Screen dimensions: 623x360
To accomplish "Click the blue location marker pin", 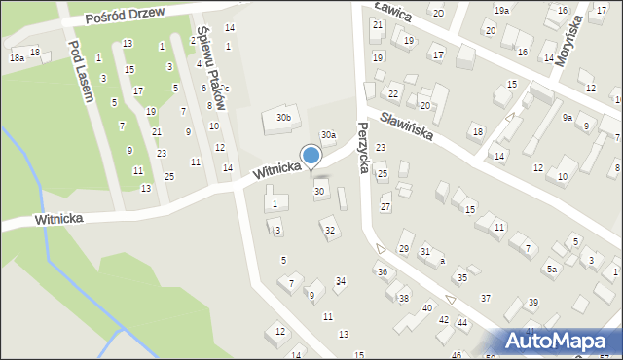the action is [311, 157].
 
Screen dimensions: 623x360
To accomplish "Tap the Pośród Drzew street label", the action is [126, 16].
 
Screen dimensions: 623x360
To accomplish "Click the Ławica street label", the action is [391, 12].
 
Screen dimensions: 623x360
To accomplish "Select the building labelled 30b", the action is [282, 118].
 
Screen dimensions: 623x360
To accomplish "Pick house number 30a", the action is [329, 135].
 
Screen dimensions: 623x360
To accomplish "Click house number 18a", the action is [17, 58].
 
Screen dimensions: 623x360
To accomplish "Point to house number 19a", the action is [500, 10].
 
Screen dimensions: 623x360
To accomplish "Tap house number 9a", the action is [567, 117].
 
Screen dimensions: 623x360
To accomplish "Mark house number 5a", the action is [551, 269].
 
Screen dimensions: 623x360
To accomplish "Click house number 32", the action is [330, 231].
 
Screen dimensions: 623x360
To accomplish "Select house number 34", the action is [340, 281].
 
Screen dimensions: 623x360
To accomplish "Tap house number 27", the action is [385, 207].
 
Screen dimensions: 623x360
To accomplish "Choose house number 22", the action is [393, 93].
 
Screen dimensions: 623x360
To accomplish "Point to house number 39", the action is [532, 304].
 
